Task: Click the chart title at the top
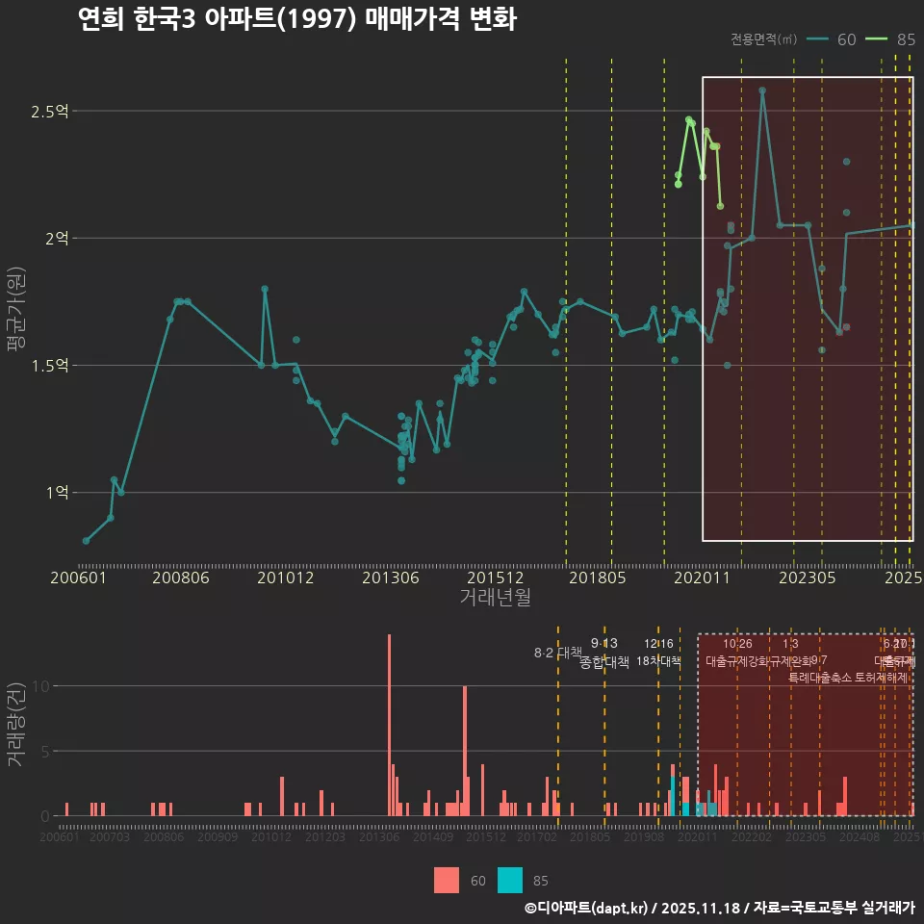pyautogui.click(x=297, y=19)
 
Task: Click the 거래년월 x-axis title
pyautogui.click(x=495, y=597)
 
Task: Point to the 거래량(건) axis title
pyautogui.click(x=16, y=725)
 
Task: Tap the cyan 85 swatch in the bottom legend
pyautogui.click(x=511, y=880)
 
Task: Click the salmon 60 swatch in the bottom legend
pyautogui.click(x=447, y=880)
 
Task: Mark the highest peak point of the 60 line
pyautogui.click(x=762, y=90)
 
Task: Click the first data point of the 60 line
pyautogui.click(x=86, y=541)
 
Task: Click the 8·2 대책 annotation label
pyautogui.click(x=557, y=653)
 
